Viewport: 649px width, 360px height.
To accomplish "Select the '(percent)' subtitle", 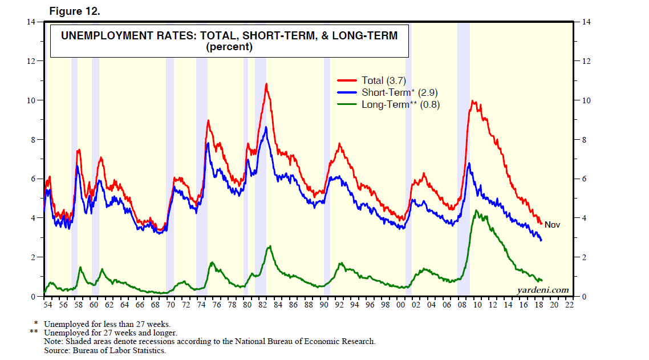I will tap(229, 47).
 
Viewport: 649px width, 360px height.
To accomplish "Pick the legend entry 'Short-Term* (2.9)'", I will tap(399, 92).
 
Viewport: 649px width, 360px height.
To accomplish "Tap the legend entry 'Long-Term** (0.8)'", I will tap(400, 104).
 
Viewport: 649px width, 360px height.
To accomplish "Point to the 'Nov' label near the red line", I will tap(552, 225).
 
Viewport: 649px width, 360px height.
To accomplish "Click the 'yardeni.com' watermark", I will tap(543, 290).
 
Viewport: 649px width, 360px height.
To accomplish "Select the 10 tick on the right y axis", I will tap(586, 100).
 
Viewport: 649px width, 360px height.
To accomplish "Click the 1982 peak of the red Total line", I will tap(266, 84).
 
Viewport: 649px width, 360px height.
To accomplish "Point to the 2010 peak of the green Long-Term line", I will tap(476, 211).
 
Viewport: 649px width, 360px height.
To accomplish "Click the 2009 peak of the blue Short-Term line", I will tap(469, 164).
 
